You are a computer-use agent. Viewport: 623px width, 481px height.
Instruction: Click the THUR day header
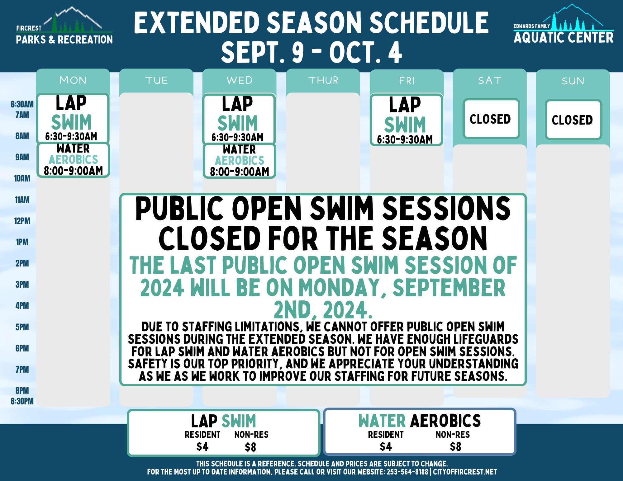[x=323, y=80]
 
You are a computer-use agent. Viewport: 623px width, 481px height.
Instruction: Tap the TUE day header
[x=156, y=80]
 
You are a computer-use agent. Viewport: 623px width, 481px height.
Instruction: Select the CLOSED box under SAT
[x=490, y=119]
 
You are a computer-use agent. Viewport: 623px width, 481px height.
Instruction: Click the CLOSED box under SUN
[x=573, y=120]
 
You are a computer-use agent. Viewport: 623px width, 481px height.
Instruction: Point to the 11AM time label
[x=22, y=200]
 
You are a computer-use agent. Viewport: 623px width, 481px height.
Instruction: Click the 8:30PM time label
[x=22, y=401]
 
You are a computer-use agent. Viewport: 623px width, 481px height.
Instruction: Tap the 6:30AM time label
[x=22, y=104]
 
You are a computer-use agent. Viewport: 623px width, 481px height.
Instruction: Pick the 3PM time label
[x=22, y=285]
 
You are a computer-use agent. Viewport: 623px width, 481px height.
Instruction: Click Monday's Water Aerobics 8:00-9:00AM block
[x=73, y=160]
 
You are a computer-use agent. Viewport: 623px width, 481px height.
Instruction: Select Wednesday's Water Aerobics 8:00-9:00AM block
[x=240, y=161]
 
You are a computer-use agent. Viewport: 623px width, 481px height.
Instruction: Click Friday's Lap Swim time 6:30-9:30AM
[x=405, y=139]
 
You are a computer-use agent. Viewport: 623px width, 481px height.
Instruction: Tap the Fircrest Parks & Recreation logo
[x=64, y=26]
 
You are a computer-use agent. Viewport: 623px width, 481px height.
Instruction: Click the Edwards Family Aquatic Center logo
[x=564, y=24]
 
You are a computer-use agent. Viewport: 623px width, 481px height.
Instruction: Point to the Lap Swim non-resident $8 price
[x=250, y=447]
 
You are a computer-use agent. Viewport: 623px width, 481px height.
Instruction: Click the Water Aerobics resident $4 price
[x=386, y=447]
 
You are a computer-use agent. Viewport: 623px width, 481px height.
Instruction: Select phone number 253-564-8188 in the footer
[x=407, y=472]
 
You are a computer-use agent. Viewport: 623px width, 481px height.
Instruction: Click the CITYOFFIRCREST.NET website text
[x=465, y=472]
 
